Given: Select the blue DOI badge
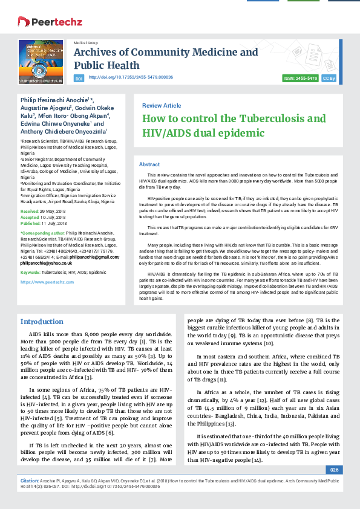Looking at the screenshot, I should [79, 79].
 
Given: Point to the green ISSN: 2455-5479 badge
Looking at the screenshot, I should [301, 79].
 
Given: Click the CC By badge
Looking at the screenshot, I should [329, 79].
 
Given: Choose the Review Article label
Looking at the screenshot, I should [162, 105].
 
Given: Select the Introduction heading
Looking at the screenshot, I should [47, 321].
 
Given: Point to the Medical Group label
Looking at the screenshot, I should [85, 44].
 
